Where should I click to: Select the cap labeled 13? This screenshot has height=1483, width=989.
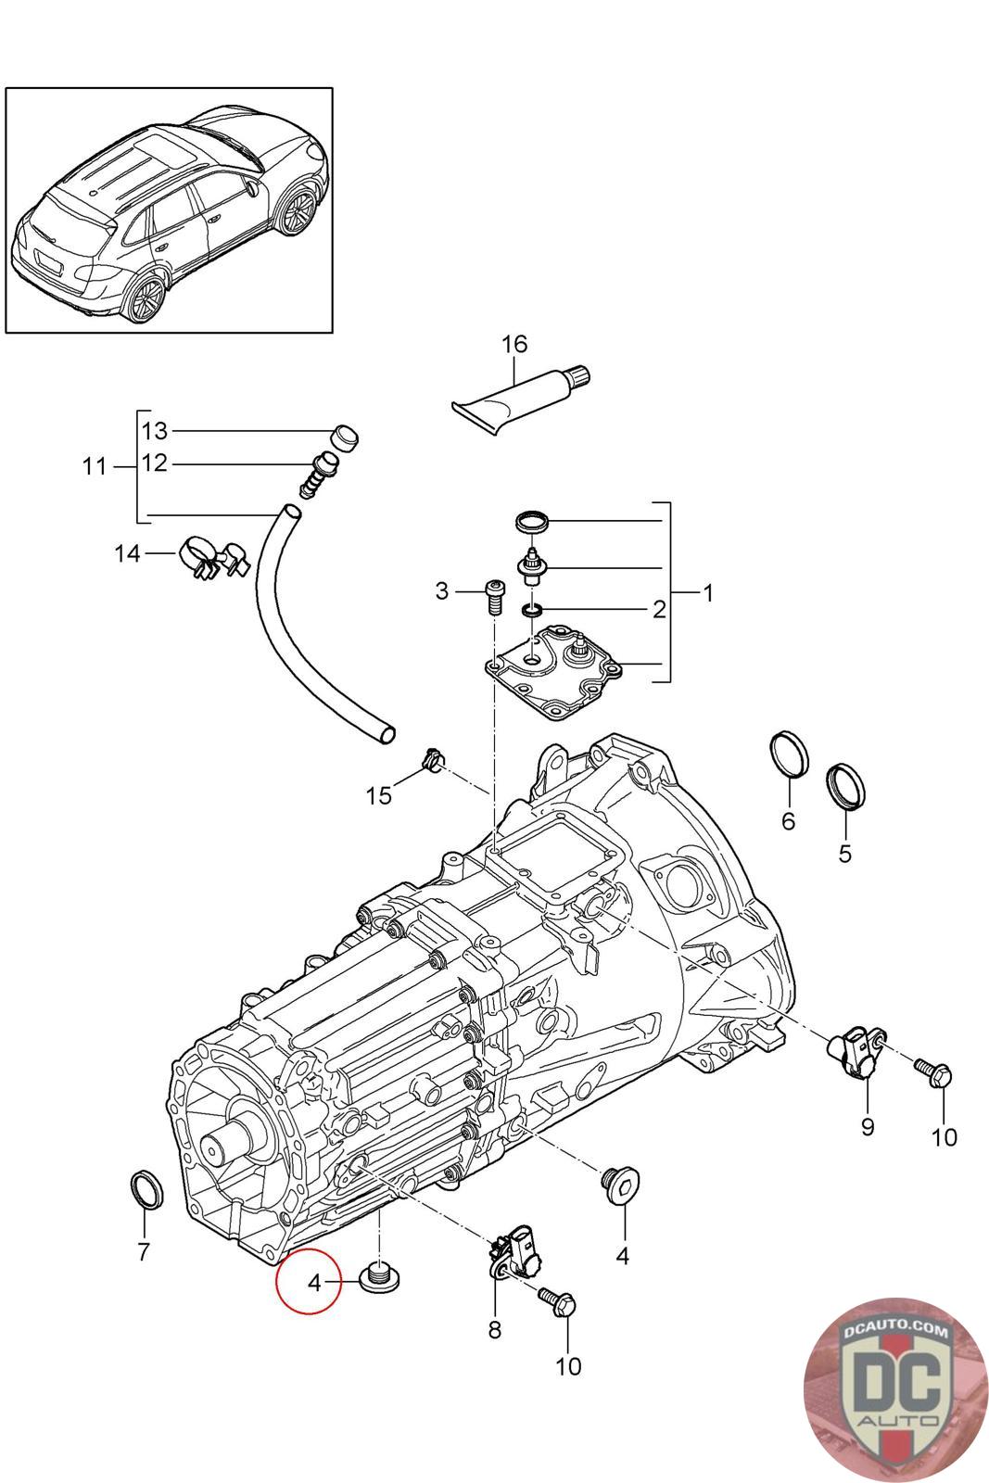coord(345,437)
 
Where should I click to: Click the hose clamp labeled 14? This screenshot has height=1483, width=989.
coord(212,557)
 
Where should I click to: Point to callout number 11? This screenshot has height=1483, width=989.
coord(94,466)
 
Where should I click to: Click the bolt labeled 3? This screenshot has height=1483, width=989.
coord(495,594)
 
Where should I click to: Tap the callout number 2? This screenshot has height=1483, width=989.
coord(659,609)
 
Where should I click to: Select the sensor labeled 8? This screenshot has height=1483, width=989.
coord(514,1254)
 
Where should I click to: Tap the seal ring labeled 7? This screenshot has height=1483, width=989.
coord(146,1189)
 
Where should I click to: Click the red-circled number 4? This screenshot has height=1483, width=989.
coord(313,1283)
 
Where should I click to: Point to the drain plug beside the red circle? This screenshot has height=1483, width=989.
coord(380,1280)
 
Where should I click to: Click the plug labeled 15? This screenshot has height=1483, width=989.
coord(432,762)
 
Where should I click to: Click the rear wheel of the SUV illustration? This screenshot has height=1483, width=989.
coord(145,298)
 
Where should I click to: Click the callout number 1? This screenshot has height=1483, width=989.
coord(708,593)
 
